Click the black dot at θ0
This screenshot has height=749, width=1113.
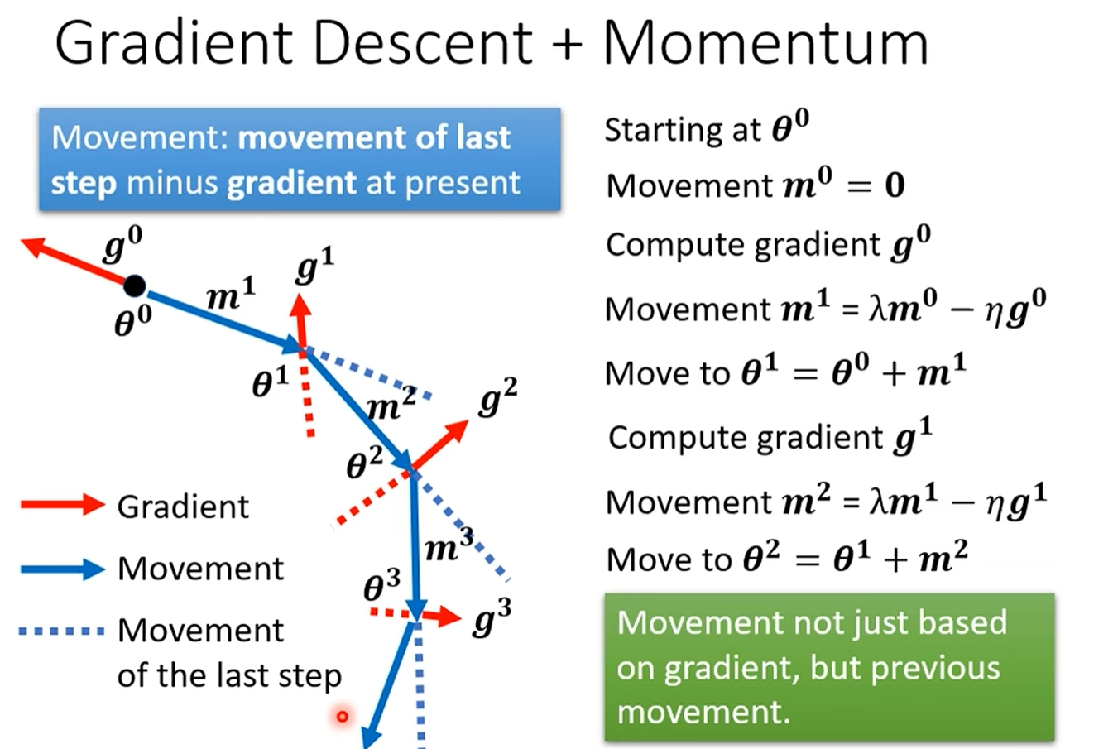tap(135, 286)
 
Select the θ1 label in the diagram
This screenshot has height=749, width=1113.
tap(271, 382)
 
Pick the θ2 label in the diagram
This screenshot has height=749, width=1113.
tap(364, 463)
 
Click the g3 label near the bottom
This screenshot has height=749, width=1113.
tap(492, 617)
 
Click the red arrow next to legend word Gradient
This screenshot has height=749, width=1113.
tap(62, 504)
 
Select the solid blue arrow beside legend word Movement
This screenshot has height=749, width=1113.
tap(62, 569)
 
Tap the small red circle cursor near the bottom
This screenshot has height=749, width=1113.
tap(342, 716)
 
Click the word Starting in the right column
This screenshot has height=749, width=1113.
tap(658, 130)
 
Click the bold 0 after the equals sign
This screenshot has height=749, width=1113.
tap(895, 185)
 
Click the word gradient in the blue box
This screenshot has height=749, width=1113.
tap(291, 183)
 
